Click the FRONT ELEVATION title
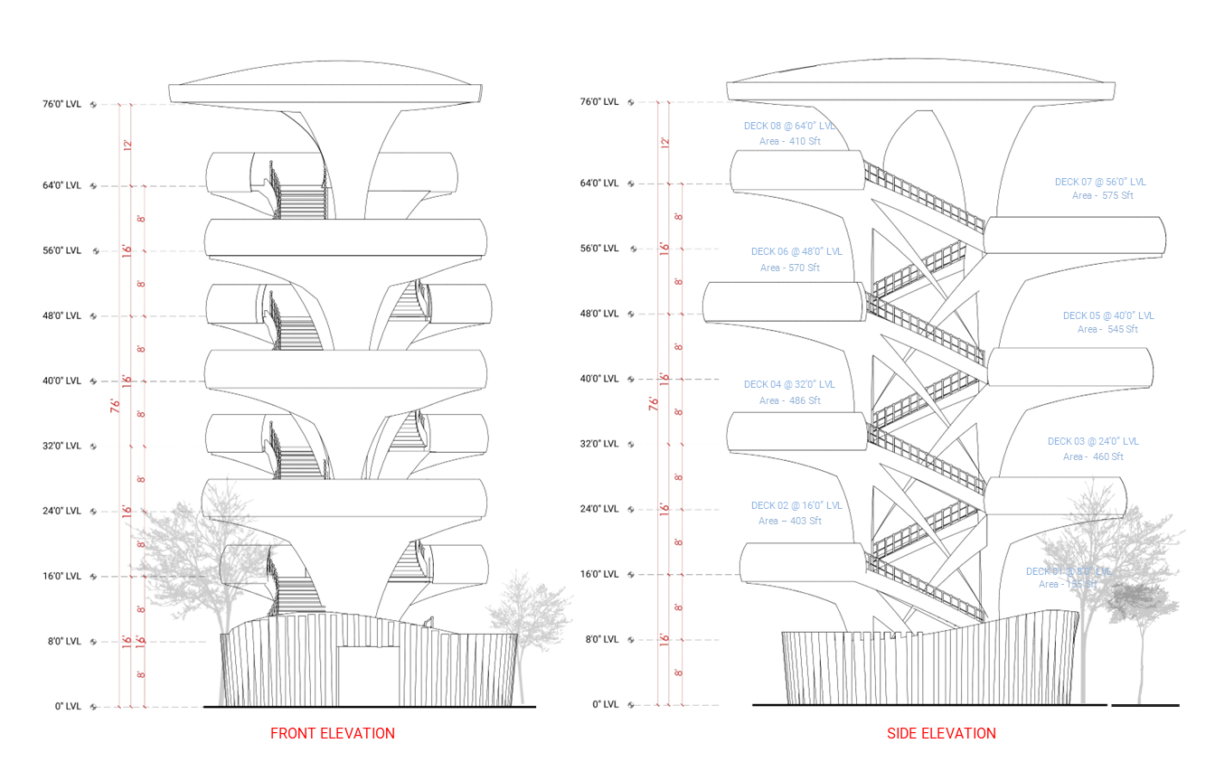click(x=332, y=733)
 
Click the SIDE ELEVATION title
click(x=941, y=733)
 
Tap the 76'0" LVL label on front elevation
click(x=61, y=104)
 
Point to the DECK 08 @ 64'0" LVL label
click(x=789, y=126)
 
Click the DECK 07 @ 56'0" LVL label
click(x=1100, y=182)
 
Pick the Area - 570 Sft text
click(x=789, y=268)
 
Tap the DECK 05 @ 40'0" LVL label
click(x=1108, y=315)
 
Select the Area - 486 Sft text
click(x=789, y=400)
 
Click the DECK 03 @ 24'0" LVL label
click(x=1093, y=441)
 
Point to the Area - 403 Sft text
click(x=789, y=521)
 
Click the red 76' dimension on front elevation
click(x=115, y=405)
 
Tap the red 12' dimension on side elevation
click(x=664, y=143)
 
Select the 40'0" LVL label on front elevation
click(x=61, y=381)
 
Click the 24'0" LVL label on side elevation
click(x=598, y=509)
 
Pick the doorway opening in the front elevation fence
click(x=369, y=674)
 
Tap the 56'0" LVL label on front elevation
click(x=61, y=250)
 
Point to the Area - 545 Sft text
click(x=1107, y=329)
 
